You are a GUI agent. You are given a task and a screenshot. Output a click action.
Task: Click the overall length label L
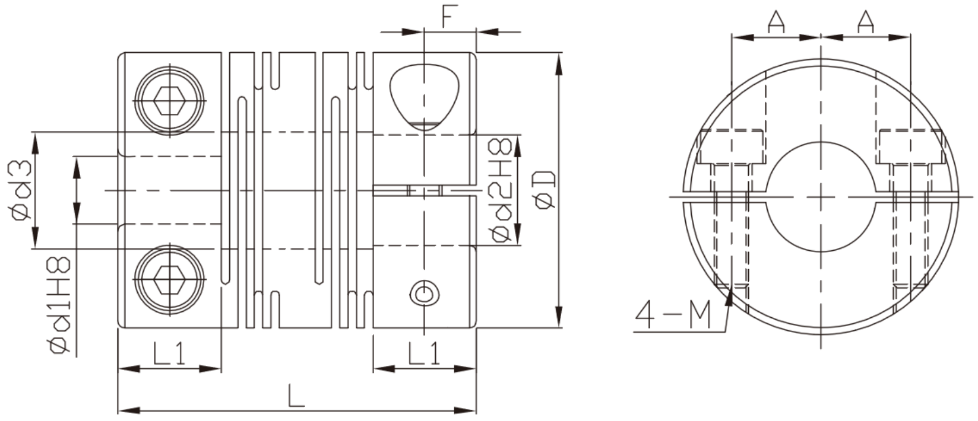tap(296, 396)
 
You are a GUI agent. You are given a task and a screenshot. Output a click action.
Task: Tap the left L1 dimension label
tap(169, 353)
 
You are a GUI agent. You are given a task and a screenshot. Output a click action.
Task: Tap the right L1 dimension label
tap(424, 353)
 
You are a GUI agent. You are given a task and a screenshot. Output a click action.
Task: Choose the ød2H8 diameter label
tap(501, 190)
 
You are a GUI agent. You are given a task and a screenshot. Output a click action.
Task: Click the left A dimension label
tap(776, 22)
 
